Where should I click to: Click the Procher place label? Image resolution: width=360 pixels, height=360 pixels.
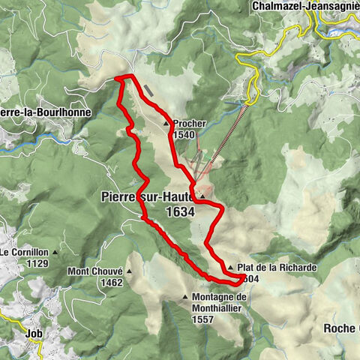click(189, 124)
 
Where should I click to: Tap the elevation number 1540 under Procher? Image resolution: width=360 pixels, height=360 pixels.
click(184, 135)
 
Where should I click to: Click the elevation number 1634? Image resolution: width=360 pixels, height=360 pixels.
click(180, 211)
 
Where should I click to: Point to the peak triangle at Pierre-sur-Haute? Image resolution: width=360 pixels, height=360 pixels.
click(202, 197)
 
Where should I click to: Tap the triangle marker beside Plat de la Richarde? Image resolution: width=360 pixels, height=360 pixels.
click(230, 267)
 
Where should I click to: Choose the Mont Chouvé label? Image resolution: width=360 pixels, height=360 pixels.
click(95, 271)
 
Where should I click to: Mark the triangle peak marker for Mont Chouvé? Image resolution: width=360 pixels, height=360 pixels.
click(127, 271)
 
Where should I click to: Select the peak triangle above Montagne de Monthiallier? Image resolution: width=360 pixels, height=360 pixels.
click(185, 298)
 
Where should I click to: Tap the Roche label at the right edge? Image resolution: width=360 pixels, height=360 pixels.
click(340, 328)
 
